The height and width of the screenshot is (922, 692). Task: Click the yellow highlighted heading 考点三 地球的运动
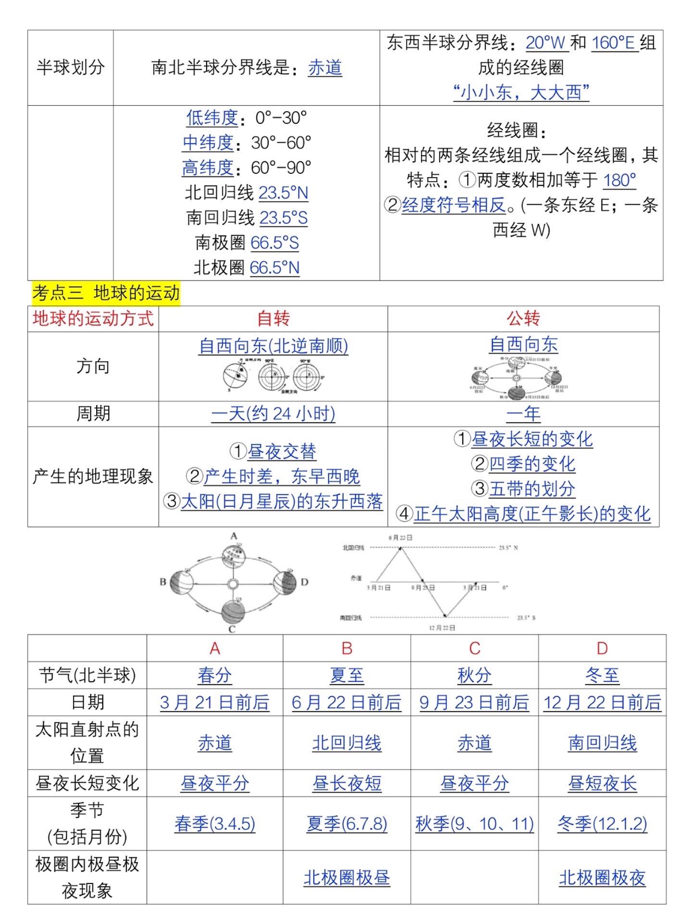[106, 293]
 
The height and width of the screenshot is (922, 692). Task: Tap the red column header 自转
[273, 318]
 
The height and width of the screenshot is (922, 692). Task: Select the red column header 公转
[523, 318]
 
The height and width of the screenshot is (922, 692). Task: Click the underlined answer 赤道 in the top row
[325, 68]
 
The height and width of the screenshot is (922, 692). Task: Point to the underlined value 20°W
[546, 43]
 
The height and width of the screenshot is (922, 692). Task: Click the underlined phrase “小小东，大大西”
[521, 92]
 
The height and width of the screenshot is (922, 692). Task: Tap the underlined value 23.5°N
[283, 193]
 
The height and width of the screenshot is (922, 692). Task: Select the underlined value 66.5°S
[274, 243]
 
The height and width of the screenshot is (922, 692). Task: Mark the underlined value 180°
[619, 181]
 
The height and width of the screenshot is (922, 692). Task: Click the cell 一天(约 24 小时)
[273, 413]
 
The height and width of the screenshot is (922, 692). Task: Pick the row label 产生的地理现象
[93, 476]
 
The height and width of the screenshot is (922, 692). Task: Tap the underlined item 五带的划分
[531, 489]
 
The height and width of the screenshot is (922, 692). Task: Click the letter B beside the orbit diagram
[163, 582]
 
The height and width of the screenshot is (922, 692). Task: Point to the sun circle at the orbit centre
[233, 584]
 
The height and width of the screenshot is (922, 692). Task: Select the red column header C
[474, 648]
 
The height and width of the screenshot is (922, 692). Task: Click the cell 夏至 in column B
[346, 676]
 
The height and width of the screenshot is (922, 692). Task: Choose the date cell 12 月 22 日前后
[602, 703]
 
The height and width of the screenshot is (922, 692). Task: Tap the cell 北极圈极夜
[602, 878]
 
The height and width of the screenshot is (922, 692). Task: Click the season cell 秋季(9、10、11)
[474, 824]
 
